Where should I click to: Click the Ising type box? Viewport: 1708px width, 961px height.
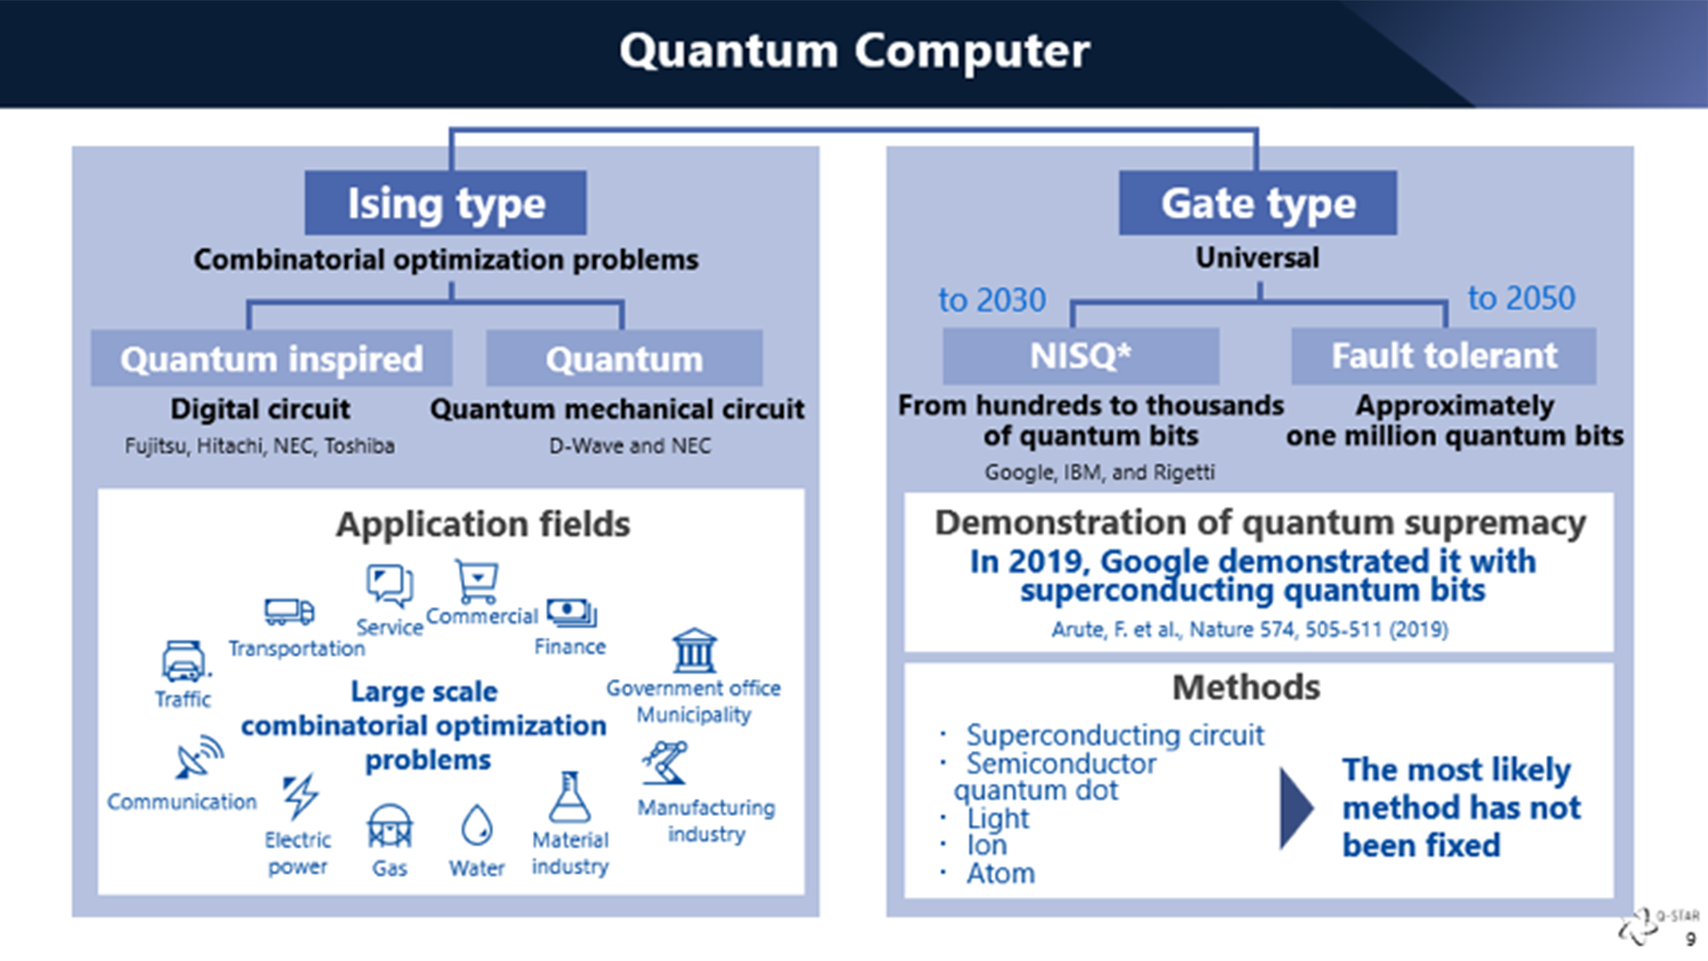tap(445, 203)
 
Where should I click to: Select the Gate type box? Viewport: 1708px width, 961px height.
tap(1257, 203)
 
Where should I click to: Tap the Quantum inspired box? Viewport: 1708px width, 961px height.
tap(271, 359)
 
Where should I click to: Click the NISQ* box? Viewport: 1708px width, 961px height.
tap(1080, 356)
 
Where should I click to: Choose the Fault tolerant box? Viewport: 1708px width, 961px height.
tap(1443, 356)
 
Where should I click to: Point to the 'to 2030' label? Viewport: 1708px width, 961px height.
tap(991, 300)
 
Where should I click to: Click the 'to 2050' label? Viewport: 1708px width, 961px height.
tap(1520, 298)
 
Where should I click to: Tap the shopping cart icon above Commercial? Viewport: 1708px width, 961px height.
tap(477, 582)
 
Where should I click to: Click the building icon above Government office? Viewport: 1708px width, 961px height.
tap(694, 651)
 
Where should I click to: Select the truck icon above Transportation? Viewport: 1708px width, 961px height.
tap(289, 611)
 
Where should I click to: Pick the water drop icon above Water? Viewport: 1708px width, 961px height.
tap(477, 825)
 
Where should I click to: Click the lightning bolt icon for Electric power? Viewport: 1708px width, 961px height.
tap(300, 795)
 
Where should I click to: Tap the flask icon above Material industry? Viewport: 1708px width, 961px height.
tap(569, 797)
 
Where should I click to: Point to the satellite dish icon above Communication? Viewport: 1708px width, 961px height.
tap(199, 757)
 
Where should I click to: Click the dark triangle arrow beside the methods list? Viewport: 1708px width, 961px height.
tap(1295, 808)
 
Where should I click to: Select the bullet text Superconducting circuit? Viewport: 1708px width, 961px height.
tap(1114, 735)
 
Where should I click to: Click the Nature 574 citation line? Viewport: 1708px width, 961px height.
tap(1249, 630)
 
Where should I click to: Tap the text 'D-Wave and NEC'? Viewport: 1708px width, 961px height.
tap(629, 446)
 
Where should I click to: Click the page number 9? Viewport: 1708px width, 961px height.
tap(1690, 940)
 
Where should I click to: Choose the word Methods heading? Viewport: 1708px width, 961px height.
tap(1245, 687)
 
